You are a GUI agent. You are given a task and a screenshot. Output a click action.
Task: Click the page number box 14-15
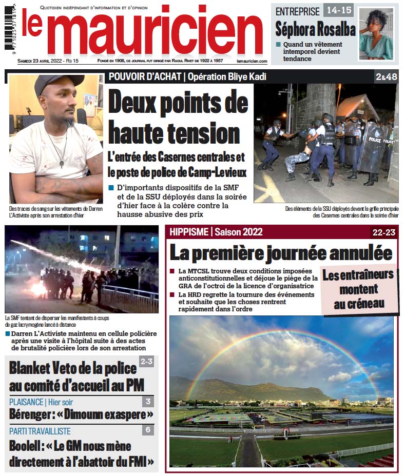pos(338,10)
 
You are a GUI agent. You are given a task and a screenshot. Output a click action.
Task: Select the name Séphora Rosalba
pos(315,29)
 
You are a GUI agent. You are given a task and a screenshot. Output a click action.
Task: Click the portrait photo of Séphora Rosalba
pos(376,33)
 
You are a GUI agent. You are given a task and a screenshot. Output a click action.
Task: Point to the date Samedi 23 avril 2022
pos(40,61)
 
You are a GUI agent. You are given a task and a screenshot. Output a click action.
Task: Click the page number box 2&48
pos(386,77)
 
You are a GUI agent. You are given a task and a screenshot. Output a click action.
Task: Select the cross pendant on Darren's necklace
pos(62,163)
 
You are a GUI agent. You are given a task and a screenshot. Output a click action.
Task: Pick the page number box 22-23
pos(384,232)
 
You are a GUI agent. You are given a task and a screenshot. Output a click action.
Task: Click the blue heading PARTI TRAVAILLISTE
pos(40,431)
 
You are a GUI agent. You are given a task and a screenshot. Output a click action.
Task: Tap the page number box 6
pos(147,430)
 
